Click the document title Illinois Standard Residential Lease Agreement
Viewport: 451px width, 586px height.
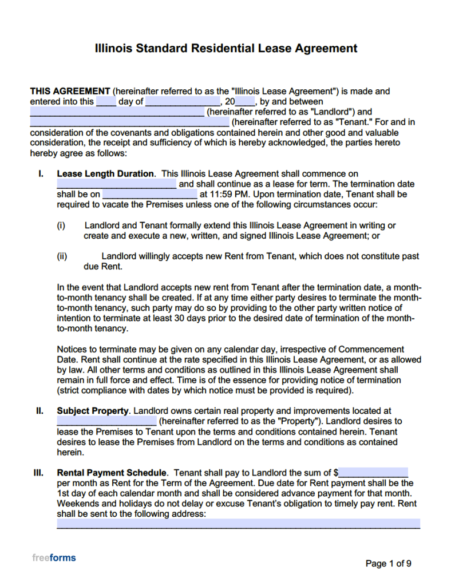(225, 49)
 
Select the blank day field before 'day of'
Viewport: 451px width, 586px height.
(106, 102)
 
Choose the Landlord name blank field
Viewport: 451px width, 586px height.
(117, 112)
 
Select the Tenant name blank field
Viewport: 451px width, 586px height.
(129, 122)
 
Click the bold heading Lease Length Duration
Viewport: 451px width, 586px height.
(105, 174)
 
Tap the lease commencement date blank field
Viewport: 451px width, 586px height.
(117, 184)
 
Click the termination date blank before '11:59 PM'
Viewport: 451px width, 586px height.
(150, 195)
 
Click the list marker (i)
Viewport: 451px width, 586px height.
(61, 225)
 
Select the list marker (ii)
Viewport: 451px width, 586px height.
(62, 256)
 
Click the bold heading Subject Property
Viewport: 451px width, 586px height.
(93, 411)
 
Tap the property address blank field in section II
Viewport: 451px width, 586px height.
(106, 421)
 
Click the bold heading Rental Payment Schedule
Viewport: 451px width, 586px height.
(112, 473)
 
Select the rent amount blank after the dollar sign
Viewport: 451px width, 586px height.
(373, 473)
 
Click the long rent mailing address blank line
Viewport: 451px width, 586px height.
(238, 524)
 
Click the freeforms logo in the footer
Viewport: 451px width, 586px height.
(54, 558)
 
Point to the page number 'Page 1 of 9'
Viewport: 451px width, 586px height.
(388, 564)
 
